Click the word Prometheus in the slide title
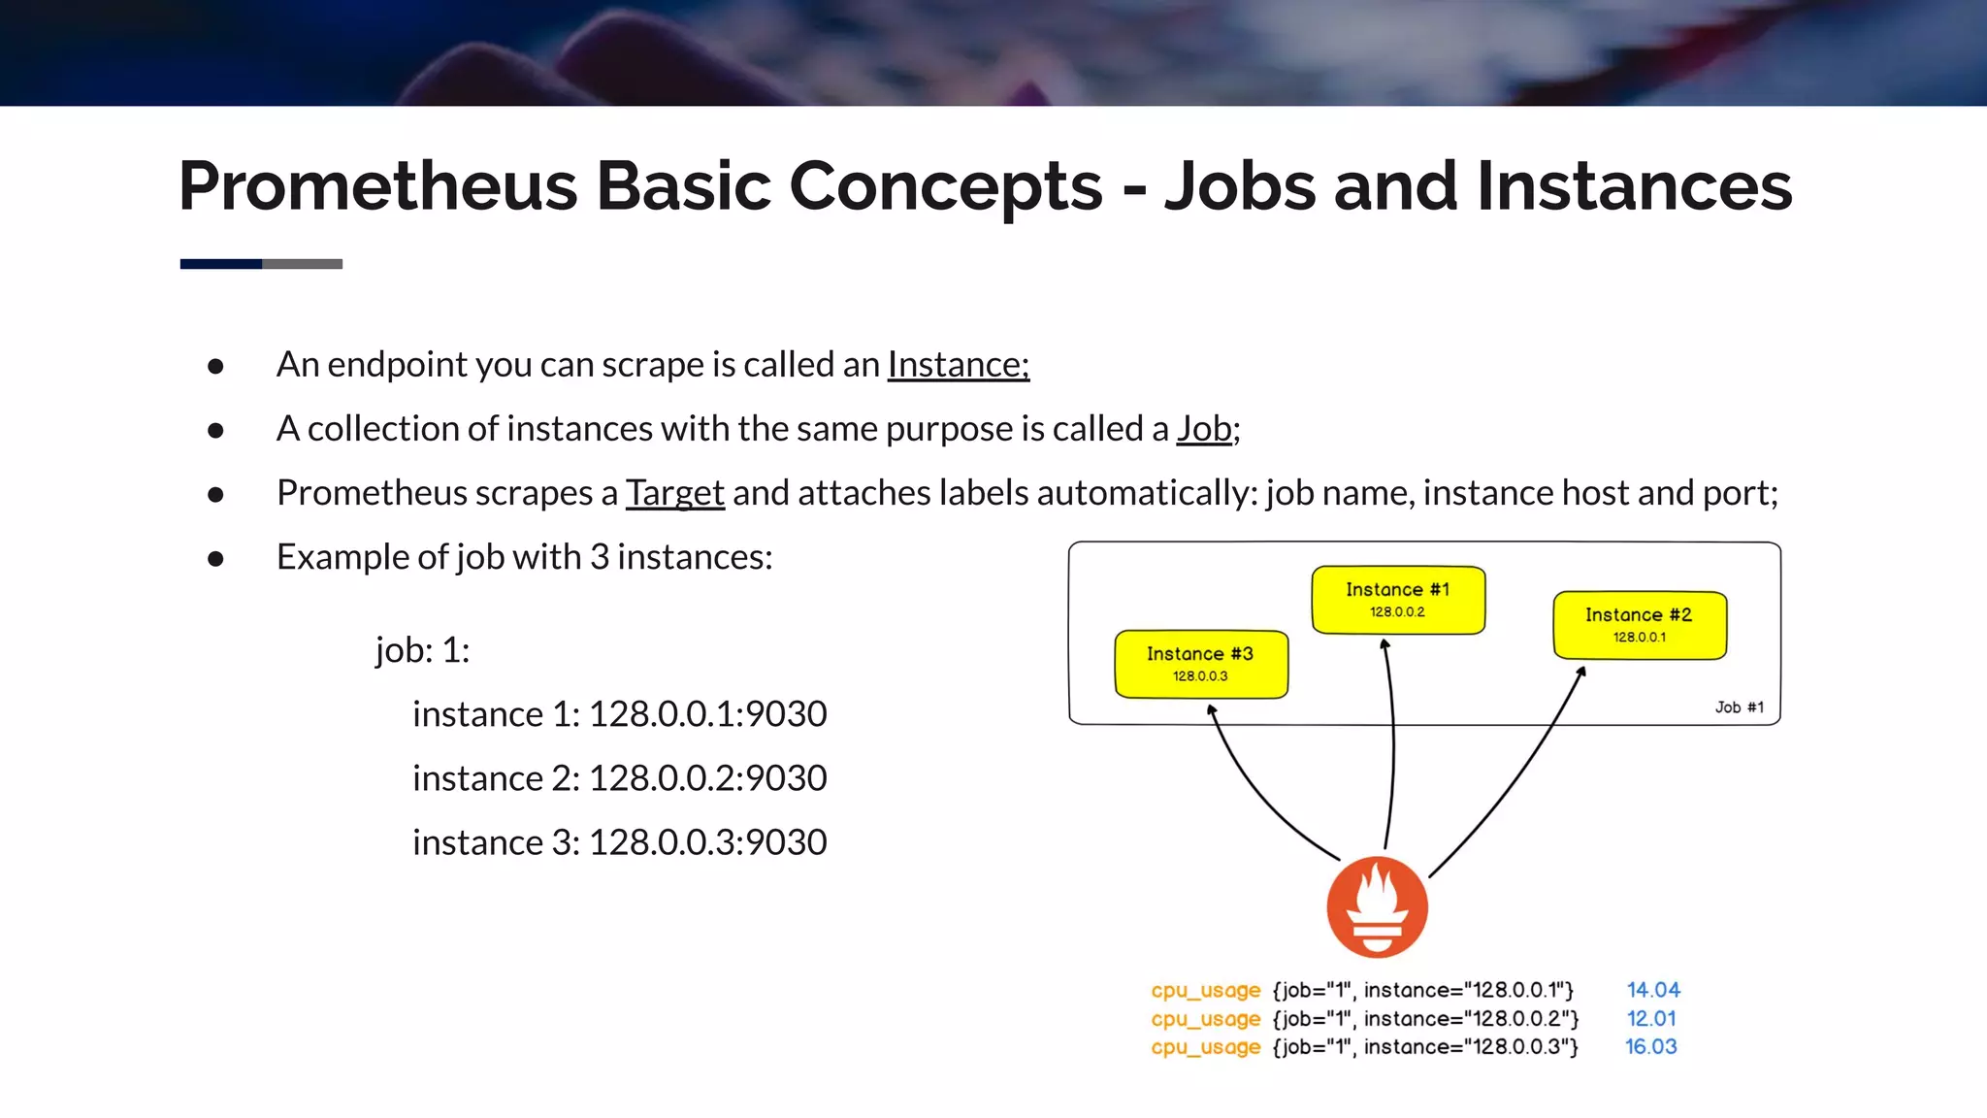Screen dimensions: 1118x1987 [378, 186]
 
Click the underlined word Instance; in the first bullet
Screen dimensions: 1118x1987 [958, 365]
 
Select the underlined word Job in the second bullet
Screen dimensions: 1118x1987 [1204, 429]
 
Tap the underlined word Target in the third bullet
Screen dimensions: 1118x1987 [674, 493]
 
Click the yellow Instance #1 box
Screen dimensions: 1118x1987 [1397, 600]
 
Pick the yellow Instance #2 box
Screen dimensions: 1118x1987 [1639, 625]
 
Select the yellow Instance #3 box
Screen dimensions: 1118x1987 [1200, 664]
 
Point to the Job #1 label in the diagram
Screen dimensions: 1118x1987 [1739, 707]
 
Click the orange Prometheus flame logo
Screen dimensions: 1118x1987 [1377, 907]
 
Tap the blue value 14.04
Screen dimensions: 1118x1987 [1653, 990]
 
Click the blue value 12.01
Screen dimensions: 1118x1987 [1651, 1018]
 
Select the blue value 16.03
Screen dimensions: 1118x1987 [1650, 1046]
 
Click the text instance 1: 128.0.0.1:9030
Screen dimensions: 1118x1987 [619, 714]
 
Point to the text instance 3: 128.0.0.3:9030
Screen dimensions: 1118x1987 [619, 842]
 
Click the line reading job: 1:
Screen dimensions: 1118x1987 [422, 650]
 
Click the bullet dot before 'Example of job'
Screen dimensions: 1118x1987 [215, 558]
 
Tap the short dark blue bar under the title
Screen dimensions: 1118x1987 [221, 264]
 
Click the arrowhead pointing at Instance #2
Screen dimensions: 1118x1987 [1581, 671]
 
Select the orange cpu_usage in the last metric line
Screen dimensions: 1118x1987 [1205, 1047]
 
